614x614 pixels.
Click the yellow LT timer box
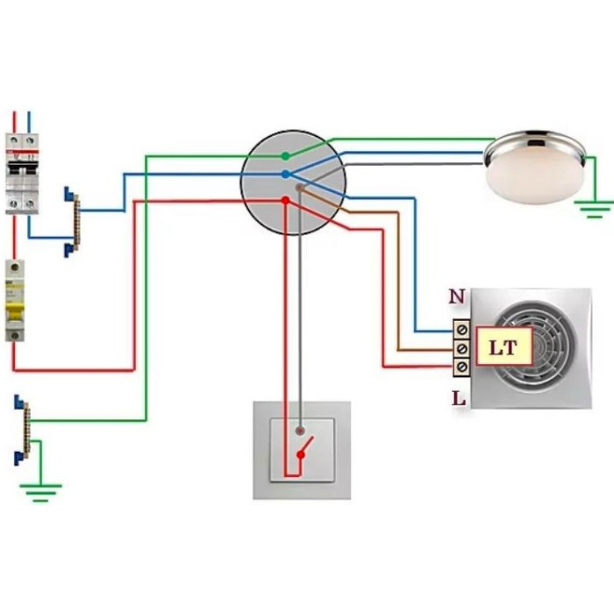502,347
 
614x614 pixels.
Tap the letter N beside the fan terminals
456,297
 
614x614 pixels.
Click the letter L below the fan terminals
457,398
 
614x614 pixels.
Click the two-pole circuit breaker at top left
22,172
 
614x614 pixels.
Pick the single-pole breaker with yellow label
15,300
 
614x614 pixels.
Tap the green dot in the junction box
285,157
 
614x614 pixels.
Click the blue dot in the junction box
286,175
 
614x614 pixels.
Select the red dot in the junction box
284,201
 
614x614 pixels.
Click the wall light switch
302,449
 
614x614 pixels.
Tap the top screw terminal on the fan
460,330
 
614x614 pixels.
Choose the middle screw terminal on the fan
460,348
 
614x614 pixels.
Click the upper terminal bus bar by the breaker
73,223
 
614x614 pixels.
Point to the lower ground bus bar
24,429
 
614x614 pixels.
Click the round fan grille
535,346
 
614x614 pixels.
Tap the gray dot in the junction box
300,187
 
